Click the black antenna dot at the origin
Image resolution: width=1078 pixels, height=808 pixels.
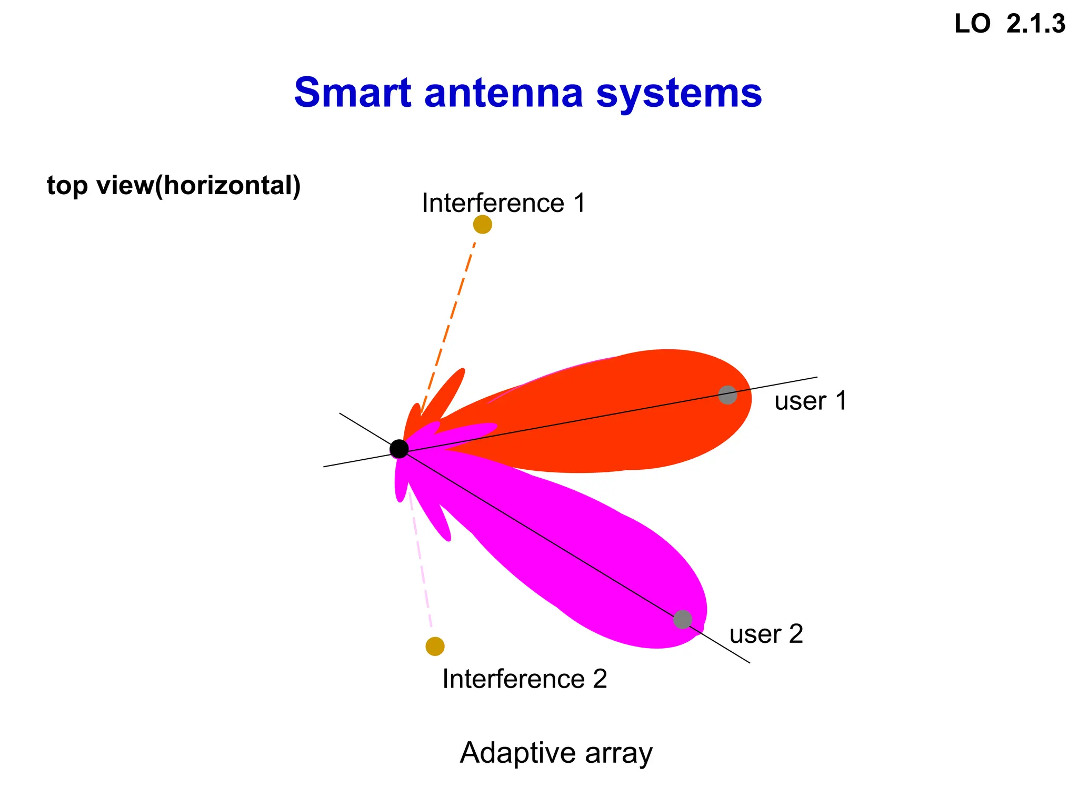pyautogui.click(x=399, y=449)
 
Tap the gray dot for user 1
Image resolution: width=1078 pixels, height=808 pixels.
pyautogui.click(x=727, y=395)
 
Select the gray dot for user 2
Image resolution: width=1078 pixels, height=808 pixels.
pyautogui.click(x=682, y=619)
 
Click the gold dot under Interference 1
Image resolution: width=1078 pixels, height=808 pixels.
pyautogui.click(x=482, y=225)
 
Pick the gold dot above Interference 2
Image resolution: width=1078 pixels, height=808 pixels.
pyautogui.click(x=435, y=646)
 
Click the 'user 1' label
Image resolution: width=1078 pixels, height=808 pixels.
pyautogui.click(x=810, y=401)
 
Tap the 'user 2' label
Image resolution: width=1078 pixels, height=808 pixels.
pyautogui.click(x=766, y=634)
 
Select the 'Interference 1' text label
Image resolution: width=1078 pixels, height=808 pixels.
pyautogui.click(x=503, y=203)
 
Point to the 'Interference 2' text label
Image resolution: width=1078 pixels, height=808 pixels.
pyautogui.click(x=524, y=679)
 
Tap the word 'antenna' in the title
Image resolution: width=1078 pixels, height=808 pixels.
pyautogui.click(x=504, y=93)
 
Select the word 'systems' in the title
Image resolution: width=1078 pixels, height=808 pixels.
pyautogui.click(x=678, y=93)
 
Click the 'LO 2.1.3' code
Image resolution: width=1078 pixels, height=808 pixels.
pyautogui.click(x=1010, y=24)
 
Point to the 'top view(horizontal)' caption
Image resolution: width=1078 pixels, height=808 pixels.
pyautogui.click(x=174, y=185)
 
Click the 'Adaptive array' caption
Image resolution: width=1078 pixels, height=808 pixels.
pyautogui.click(x=556, y=752)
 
